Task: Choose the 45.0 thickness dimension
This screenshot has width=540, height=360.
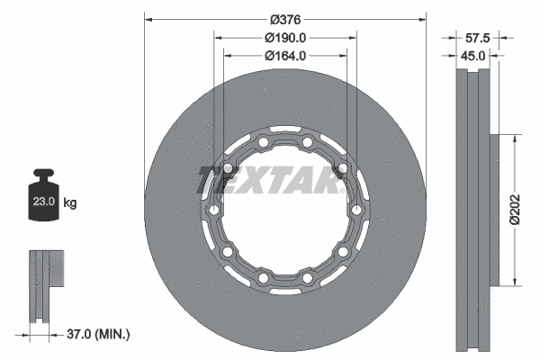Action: tap(473, 56)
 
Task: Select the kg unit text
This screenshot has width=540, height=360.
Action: tap(70, 204)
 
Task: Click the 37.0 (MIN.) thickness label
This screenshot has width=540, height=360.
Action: tap(98, 334)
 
